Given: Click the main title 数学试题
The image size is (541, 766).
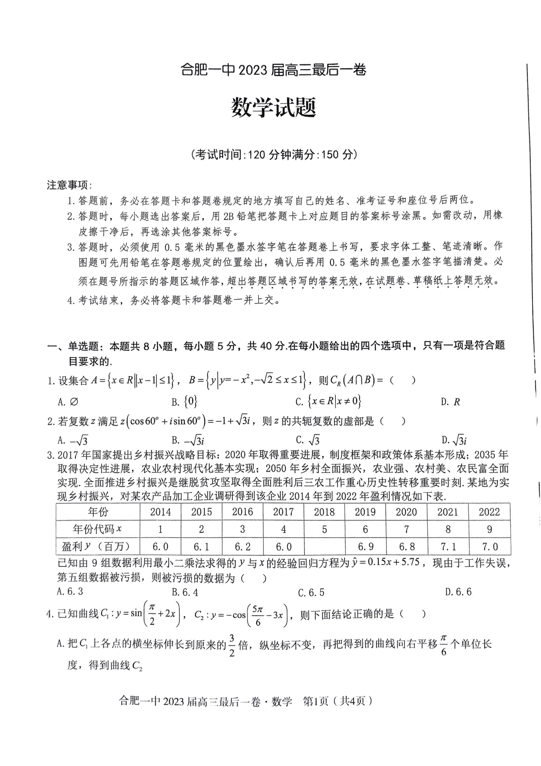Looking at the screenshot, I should coord(273,107).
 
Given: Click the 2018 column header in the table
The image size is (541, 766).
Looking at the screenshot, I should coord(324,512).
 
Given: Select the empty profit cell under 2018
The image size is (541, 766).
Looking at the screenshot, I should coord(324,547).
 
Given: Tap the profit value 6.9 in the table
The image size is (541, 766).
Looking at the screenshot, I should coord(365,547).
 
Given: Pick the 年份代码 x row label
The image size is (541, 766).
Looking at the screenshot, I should coord(98,529).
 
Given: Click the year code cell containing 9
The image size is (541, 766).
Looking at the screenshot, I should coord(489,529).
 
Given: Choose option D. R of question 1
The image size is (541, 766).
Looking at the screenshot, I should coord(451,402).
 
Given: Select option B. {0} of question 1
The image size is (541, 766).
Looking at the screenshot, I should coord(184,401).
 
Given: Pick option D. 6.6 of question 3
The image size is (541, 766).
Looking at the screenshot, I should coord(458,592).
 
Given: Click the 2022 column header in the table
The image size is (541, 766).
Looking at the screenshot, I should coord(489,512).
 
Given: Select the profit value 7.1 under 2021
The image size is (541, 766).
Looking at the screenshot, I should coord(448,547).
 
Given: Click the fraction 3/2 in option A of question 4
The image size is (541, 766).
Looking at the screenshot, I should coord(232,645).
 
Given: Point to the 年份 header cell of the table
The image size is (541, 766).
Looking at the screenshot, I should coord(98,512).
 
